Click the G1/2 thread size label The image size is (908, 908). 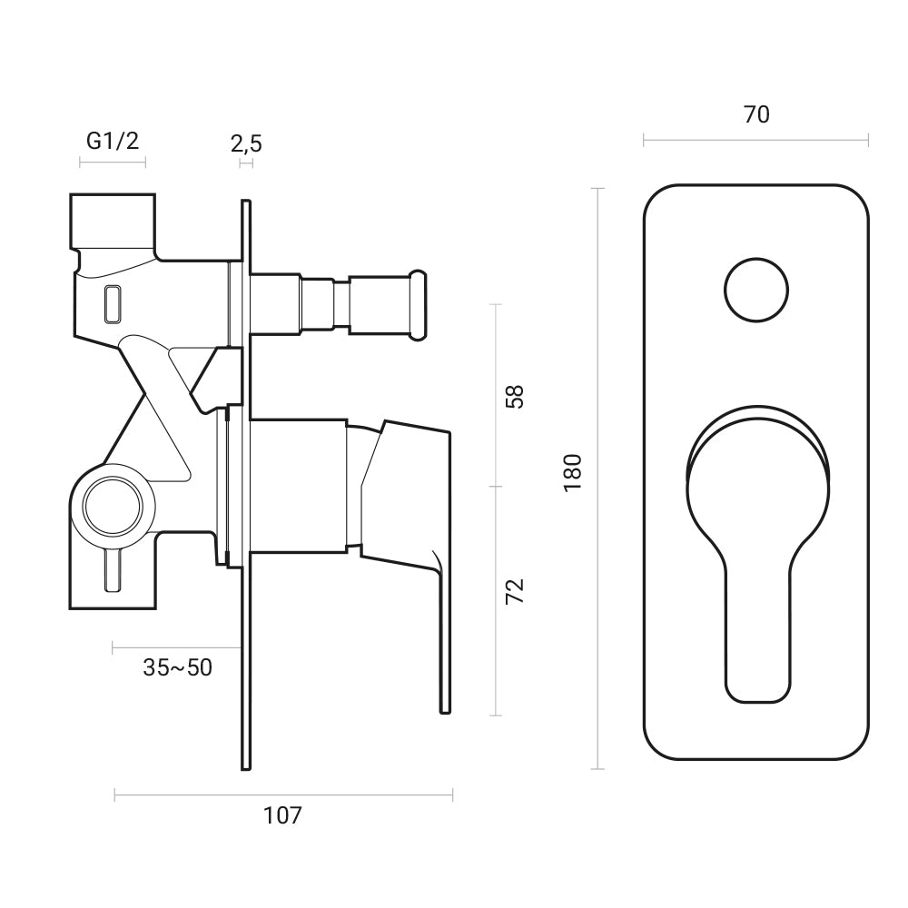[113, 141]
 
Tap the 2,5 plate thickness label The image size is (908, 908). [246, 143]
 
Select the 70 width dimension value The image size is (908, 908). [755, 114]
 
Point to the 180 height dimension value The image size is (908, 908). [572, 472]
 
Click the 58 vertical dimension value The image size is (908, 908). [515, 397]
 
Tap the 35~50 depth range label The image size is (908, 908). [177, 667]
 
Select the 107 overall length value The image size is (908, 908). [282, 815]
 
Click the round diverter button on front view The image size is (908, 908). [755, 290]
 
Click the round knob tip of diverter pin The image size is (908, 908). [419, 304]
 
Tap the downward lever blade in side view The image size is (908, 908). [444, 636]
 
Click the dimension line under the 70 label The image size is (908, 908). [755, 140]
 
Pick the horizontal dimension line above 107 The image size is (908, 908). [282, 796]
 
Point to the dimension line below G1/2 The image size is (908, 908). [113, 163]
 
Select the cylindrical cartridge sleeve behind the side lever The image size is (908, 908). [298, 486]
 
